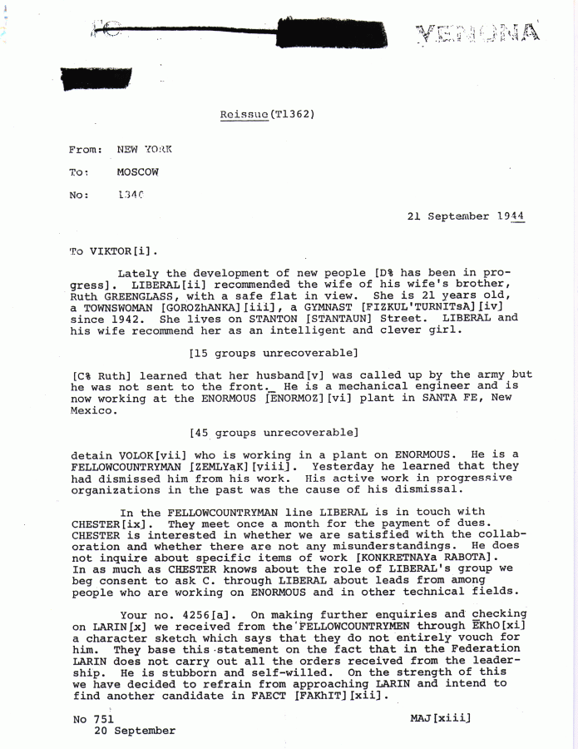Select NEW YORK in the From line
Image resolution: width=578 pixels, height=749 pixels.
[143, 150]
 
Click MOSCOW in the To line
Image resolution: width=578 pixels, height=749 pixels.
[137, 172]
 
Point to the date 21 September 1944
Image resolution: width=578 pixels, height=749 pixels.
[465, 216]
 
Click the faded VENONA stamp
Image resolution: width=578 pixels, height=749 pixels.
[477, 33]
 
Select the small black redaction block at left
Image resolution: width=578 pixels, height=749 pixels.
[94, 79]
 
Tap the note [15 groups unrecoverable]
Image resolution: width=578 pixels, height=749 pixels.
[274, 353]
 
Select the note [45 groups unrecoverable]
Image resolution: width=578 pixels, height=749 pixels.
[274, 432]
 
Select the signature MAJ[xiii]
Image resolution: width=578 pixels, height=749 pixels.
[440, 717]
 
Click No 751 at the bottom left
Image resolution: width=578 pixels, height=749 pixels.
[93, 718]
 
